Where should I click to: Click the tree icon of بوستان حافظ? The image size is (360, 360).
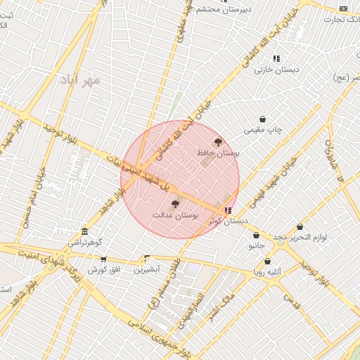218,142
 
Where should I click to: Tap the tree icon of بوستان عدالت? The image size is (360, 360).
175,202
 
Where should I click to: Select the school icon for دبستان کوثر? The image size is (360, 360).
227,210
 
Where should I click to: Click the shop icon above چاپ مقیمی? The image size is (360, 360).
262,120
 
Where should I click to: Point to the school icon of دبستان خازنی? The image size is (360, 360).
276,58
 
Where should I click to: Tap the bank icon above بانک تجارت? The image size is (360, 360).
343,8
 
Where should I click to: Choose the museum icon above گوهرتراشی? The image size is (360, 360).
84,232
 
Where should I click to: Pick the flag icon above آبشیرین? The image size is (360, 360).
146,258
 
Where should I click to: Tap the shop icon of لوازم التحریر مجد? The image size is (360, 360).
300,226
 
